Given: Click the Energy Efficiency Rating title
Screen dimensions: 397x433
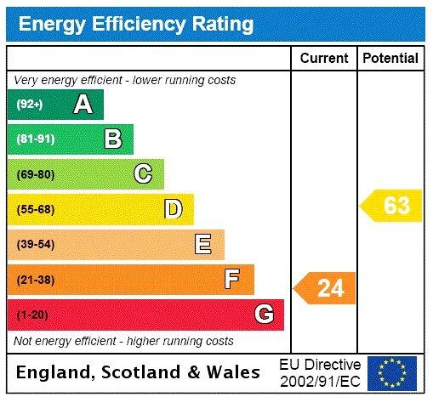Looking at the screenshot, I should [136, 23].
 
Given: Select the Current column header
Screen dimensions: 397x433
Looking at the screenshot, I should [324, 59].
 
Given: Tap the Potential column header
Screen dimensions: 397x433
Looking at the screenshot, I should [390, 59].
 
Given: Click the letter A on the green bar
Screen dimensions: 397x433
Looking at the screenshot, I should [83, 105].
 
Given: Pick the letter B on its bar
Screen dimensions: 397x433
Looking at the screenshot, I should [112, 139].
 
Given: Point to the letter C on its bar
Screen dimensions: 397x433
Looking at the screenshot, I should [143, 174].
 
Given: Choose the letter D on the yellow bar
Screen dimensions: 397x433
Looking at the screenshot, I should [174, 209].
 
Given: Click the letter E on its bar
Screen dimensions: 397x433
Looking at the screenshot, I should [203, 245].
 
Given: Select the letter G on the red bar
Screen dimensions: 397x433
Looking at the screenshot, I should [264, 315].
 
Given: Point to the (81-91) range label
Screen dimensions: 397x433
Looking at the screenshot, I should [35, 139].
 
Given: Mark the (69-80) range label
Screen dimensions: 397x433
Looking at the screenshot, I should [35, 174].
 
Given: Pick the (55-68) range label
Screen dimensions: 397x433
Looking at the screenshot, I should [35, 209].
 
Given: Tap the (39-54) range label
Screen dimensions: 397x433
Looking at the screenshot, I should [35, 245].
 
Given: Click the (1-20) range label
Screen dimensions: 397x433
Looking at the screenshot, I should [31, 315].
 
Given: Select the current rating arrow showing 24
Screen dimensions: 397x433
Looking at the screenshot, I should [325, 288].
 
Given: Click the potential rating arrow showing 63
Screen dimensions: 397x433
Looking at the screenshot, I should [391, 206].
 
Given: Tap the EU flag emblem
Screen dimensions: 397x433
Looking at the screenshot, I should [392, 371].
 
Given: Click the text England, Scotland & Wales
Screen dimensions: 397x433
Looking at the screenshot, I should [139, 372].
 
